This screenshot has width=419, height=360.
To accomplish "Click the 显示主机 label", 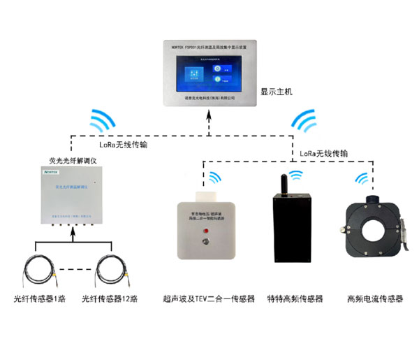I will tap(278, 91).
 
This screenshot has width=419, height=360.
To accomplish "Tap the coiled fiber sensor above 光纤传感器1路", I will tap(38, 268).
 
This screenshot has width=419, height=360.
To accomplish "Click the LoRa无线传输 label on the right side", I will tap(323, 152).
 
